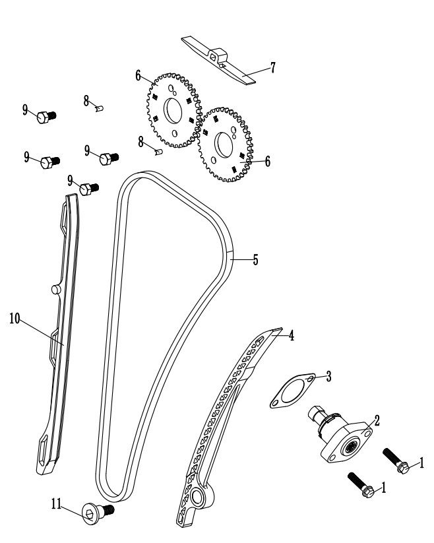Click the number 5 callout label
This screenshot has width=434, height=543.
[x=255, y=259]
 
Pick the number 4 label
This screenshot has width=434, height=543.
[x=291, y=335]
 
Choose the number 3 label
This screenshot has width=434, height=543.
[x=328, y=376]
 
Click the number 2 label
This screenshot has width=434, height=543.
[x=377, y=418]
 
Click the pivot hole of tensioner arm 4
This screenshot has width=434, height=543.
[x=199, y=496]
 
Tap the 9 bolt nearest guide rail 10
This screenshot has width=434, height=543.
[x=88, y=189]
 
